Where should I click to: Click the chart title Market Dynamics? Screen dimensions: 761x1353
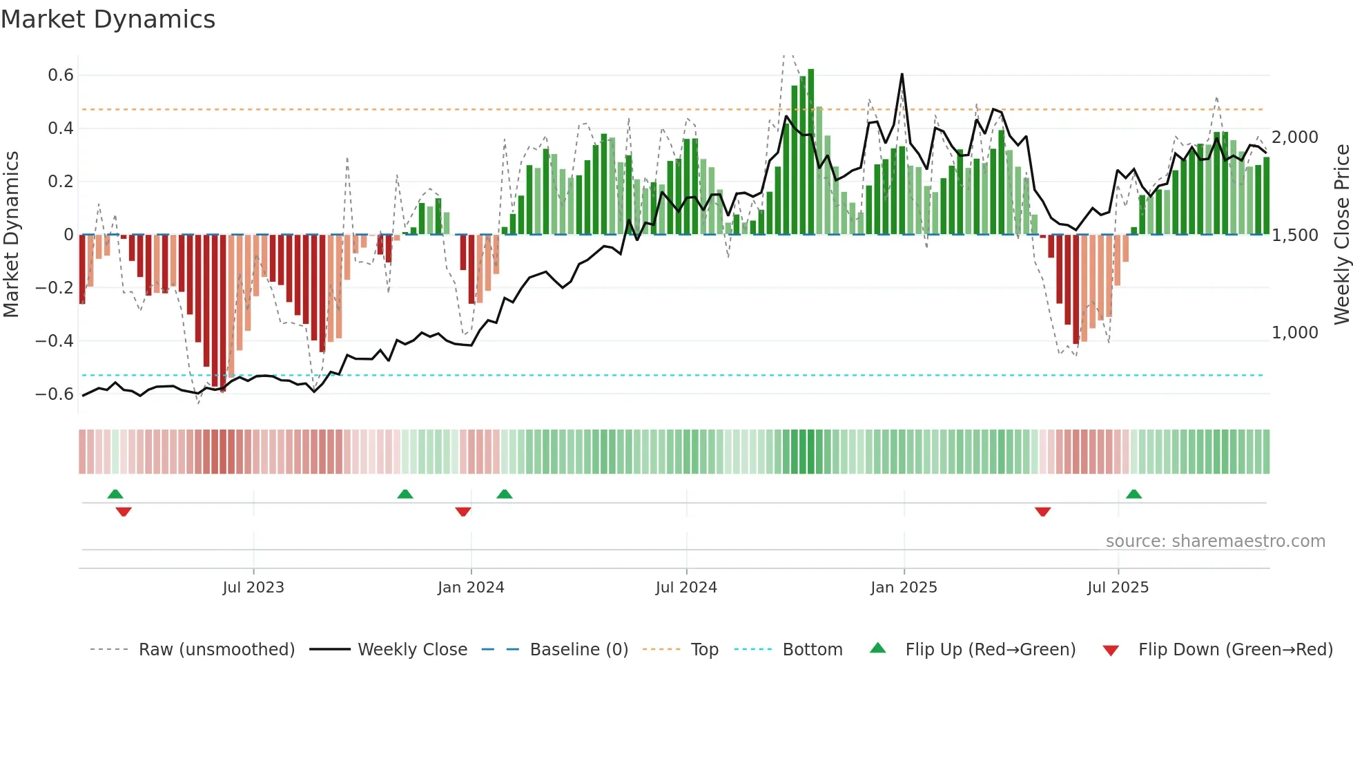(x=108, y=19)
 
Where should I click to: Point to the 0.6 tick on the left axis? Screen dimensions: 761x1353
(x=60, y=75)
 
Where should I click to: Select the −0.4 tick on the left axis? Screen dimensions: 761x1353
(x=54, y=340)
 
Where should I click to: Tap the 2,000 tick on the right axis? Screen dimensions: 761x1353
(x=1294, y=137)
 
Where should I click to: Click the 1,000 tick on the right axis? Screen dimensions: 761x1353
(x=1294, y=333)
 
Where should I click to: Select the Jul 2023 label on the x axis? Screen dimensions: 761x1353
(x=253, y=588)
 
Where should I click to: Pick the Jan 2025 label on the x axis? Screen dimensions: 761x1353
(x=904, y=588)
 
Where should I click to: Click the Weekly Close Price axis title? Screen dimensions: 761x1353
(x=1341, y=234)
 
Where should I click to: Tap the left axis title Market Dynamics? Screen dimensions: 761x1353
(x=11, y=234)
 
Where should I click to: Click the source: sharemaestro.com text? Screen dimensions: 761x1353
(x=1215, y=541)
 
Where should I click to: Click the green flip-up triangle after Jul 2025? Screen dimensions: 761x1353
(x=1133, y=494)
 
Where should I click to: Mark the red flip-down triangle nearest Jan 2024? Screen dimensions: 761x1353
(x=463, y=512)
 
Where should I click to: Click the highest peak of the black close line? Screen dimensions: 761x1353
(x=902, y=75)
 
